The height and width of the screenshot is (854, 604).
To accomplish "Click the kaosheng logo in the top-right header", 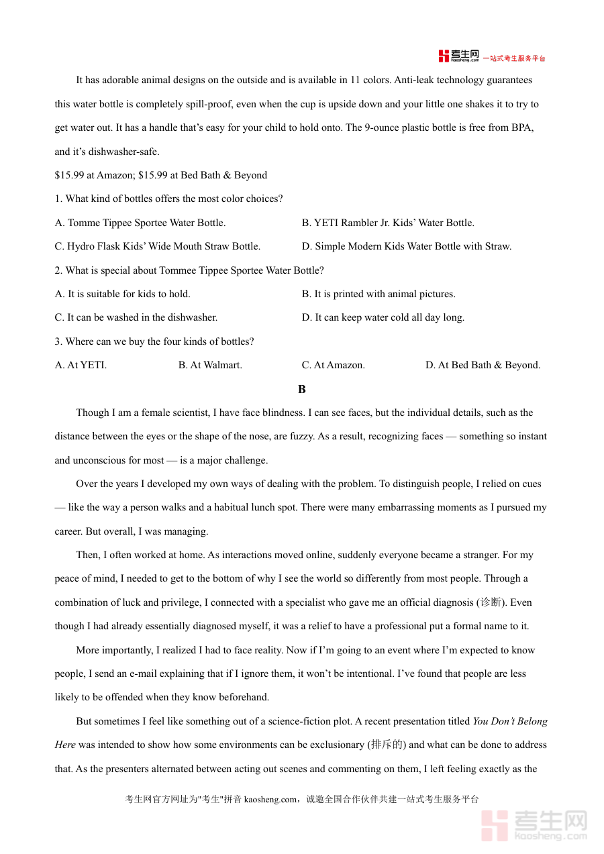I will point(459,56).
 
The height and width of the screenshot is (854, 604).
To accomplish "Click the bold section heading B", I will point(302,389).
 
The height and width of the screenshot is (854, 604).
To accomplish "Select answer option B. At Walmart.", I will point(210,365).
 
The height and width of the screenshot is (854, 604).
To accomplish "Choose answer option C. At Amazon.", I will point(334,365).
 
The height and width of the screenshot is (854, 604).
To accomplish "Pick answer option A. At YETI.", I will point(81,365).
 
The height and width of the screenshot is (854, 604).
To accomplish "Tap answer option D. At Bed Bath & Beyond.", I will point(483,365).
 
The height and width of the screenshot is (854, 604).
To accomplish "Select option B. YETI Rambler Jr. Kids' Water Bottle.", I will point(388,223).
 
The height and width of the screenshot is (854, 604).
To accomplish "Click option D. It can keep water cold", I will point(383,317).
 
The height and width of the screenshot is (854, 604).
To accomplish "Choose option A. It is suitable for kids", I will point(122,294).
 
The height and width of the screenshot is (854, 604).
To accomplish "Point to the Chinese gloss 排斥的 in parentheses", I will point(387,745).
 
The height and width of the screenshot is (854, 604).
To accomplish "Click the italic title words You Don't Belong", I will point(510,721).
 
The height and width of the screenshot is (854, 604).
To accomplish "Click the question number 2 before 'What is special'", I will point(58,270).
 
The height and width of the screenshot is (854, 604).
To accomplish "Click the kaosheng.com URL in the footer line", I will point(270,799).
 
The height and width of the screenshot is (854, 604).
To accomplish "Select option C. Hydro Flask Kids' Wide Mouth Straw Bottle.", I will point(157,246).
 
